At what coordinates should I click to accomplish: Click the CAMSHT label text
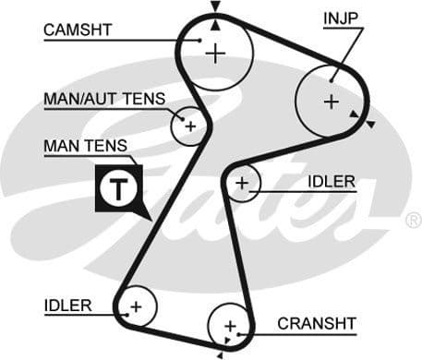[x=78, y=30]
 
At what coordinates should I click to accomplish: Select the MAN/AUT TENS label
[x=104, y=99]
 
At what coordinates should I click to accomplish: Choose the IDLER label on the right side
[x=331, y=181]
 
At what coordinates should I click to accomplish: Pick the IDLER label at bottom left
[x=67, y=305]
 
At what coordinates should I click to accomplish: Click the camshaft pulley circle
[x=215, y=54]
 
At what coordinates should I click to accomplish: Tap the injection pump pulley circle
[x=331, y=102]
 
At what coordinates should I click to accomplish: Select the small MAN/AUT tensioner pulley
[x=190, y=125]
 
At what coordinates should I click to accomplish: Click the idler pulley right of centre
[x=243, y=185]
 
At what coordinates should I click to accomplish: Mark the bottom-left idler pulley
[x=136, y=306]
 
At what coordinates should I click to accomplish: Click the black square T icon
[x=117, y=190]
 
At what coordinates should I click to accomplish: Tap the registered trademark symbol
[x=412, y=221]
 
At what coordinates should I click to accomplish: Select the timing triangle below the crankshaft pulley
[x=222, y=353]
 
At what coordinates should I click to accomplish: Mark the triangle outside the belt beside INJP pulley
[x=368, y=124]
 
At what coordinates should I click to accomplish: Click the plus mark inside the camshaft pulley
[x=215, y=54]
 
